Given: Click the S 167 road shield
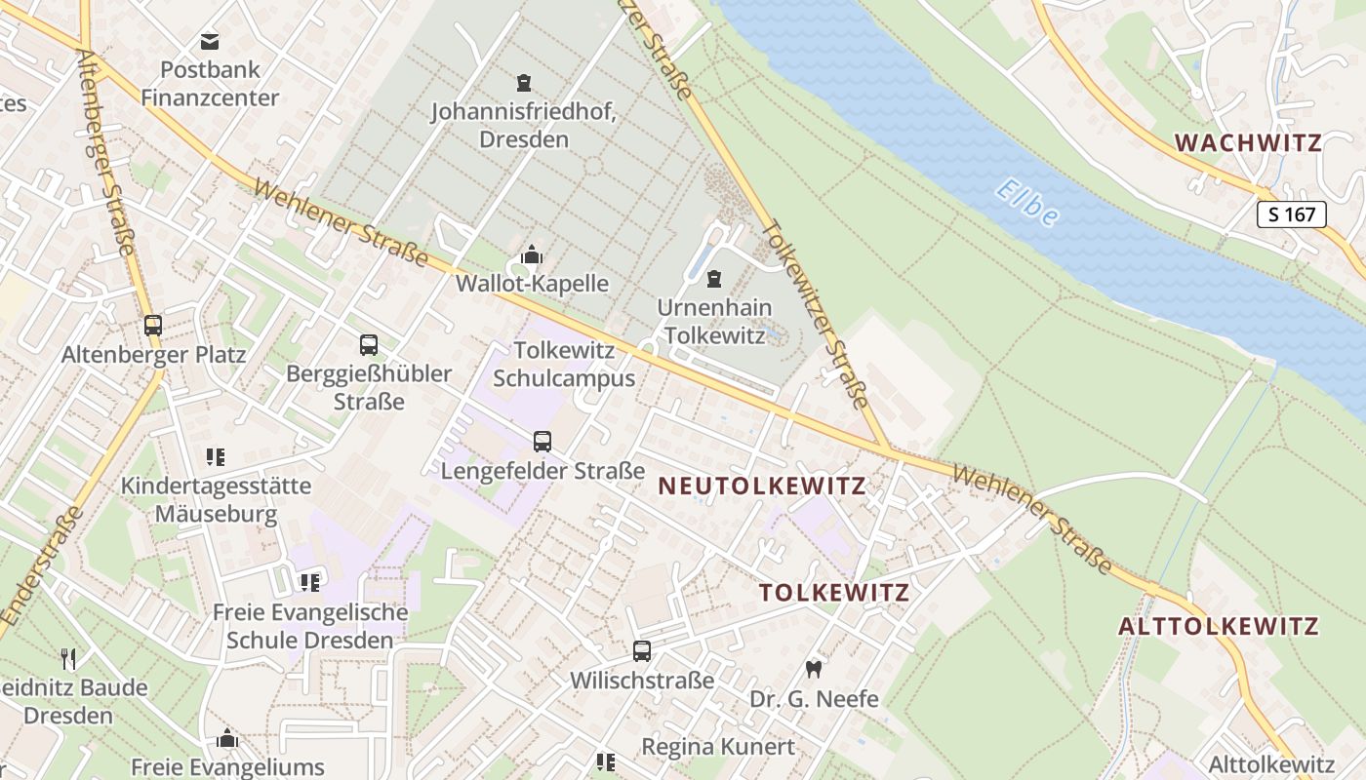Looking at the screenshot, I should (1292, 214).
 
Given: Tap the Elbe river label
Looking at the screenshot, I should (1027, 203).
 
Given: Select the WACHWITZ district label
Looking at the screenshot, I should (1248, 143).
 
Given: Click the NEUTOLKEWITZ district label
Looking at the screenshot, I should (762, 486).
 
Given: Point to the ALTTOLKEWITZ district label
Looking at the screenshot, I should (1218, 626).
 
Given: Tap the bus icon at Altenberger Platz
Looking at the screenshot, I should (153, 326).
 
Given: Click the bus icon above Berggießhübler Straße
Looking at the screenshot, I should (368, 345).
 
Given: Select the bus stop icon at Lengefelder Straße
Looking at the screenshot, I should (542, 442).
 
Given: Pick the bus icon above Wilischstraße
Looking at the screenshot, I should (641, 651).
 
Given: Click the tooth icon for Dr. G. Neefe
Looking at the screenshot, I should (813, 670).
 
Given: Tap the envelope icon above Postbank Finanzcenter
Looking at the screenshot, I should (209, 41).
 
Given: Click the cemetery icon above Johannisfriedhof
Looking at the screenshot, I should (524, 83).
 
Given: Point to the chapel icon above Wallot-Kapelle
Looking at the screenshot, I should (532, 255).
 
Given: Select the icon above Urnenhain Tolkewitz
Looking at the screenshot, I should (714, 280).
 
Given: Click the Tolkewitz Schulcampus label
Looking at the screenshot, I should (564, 364).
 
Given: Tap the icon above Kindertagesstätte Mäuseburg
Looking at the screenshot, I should (216, 456).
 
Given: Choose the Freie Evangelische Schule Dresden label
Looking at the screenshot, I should (310, 627).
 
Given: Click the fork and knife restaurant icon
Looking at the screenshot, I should (68, 659).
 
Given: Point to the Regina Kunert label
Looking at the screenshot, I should (717, 747).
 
